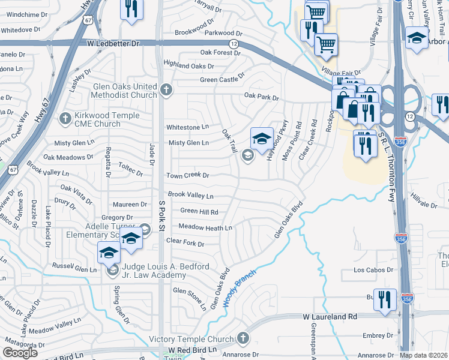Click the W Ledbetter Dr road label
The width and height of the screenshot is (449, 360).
click(x=113, y=43)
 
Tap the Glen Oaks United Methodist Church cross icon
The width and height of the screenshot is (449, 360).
click(x=166, y=91)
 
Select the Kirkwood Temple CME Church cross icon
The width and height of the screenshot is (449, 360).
click(x=65, y=119)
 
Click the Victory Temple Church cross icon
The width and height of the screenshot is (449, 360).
click(x=243, y=337)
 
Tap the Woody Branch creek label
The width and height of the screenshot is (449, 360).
click(x=240, y=289)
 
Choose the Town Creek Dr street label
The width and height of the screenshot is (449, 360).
click(x=187, y=176)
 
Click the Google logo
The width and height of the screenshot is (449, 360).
click(x=20, y=353)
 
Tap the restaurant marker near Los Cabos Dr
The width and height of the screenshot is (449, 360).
click(x=384, y=299)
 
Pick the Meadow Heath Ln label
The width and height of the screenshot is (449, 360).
click(x=206, y=228)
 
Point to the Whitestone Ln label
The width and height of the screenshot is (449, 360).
click(x=187, y=127)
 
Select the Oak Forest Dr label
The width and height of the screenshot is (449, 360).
click(x=207, y=53)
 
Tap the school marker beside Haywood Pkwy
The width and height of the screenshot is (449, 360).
click(x=262, y=139)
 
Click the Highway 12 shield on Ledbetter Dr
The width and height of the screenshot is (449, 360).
click(x=233, y=43)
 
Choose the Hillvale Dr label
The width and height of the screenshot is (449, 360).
click(x=424, y=205)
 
